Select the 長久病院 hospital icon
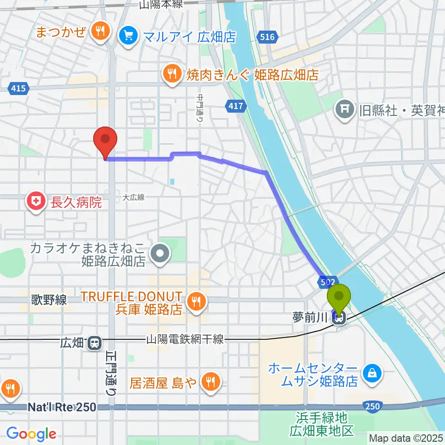pyautogui.click(x=35, y=201)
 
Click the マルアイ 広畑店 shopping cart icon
pyautogui.click(x=126, y=35)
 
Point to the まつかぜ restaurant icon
pyautogui.click(x=100, y=32)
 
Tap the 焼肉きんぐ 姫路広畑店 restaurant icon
pyautogui.click(x=172, y=74)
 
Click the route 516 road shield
pyautogui.click(x=267, y=37)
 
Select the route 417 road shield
pyautogui.click(x=235, y=107)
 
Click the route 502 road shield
pyautogui.click(x=325, y=281)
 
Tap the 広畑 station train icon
pyautogui.click(x=95, y=343)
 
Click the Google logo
pyautogui.click(x=31, y=434)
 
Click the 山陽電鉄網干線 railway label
pyautogui.click(x=185, y=339)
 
